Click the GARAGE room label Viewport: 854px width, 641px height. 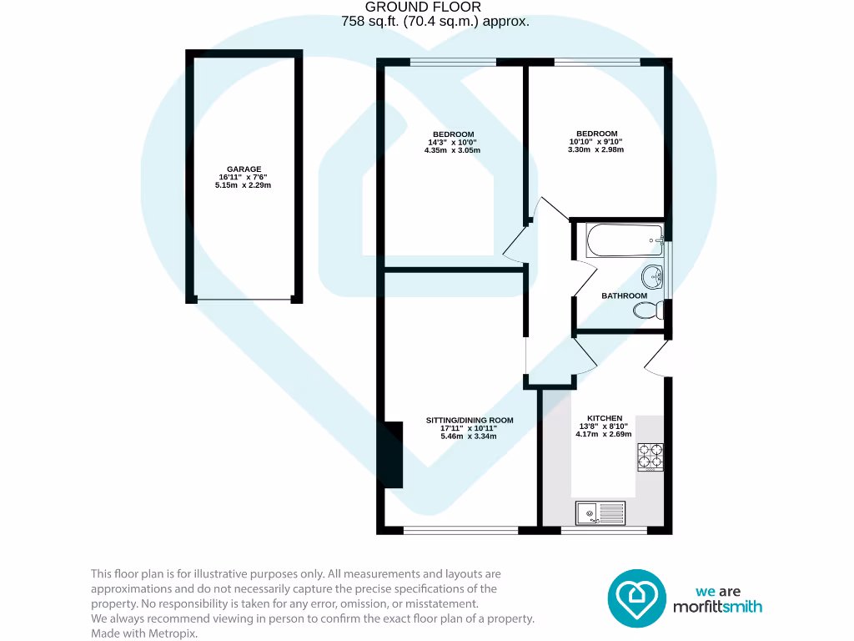(243, 169)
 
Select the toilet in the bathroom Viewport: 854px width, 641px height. (647, 310)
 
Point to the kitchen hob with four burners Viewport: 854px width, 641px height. (651, 456)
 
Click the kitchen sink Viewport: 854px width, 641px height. (600, 512)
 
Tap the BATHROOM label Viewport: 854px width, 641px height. (624, 295)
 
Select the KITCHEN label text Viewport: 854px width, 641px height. (605, 417)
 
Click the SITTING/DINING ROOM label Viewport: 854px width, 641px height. (470, 420)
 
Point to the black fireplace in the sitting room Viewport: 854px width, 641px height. (392, 455)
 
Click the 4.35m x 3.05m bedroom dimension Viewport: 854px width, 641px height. (453, 151)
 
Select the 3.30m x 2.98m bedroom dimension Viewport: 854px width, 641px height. (596, 150)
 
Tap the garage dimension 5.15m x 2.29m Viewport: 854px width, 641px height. (243, 185)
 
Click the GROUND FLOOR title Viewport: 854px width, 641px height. (435, 8)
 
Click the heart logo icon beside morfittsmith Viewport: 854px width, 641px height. (636, 597)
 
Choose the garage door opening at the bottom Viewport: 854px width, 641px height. (243, 299)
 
